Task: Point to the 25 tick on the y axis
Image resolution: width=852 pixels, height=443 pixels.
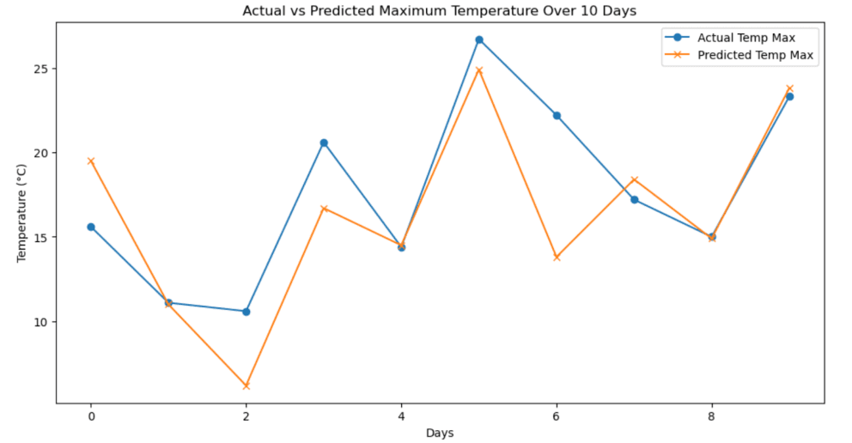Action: click(x=41, y=69)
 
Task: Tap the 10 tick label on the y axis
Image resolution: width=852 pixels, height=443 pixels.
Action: click(x=41, y=322)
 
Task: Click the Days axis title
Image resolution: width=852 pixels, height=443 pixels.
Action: click(x=440, y=433)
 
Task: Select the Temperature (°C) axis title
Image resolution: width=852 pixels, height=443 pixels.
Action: click(x=22, y=212)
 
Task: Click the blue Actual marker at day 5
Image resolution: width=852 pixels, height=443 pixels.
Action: click(x=479, y=39)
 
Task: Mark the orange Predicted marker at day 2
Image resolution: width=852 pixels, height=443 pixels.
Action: click(x=246, y=386)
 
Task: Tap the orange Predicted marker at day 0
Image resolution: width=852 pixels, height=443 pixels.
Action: click(x=91, y=161)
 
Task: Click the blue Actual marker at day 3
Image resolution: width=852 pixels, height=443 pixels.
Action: click(x=324, y=143)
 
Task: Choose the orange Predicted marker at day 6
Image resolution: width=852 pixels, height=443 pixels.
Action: click(x=557, y=258)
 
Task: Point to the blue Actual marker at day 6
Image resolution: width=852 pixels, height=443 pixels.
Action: click(x=557, y=115)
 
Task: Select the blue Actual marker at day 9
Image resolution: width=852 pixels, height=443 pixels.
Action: click(x=789, y=96)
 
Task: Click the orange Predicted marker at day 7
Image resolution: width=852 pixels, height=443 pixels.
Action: click(x=635, y=179)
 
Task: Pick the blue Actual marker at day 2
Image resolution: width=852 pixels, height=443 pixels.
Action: click(x=246, y=312)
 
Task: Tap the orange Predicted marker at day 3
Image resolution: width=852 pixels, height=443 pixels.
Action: click(x=324, y=209)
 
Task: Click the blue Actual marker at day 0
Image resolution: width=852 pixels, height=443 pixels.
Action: click(x=91, y=227)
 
